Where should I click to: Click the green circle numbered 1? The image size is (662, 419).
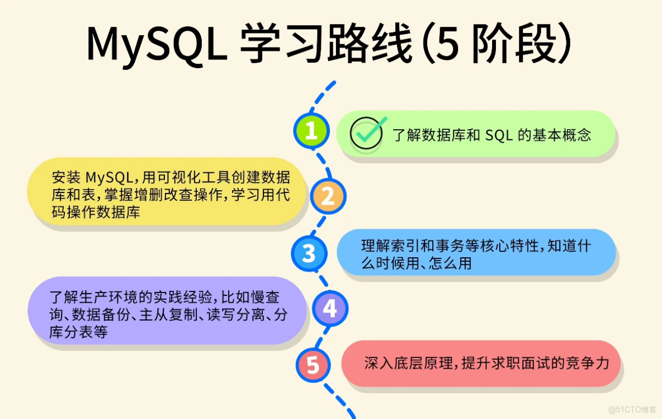[311, 131]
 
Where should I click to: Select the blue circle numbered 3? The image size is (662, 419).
[309, 254]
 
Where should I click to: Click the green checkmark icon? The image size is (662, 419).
[367, 133]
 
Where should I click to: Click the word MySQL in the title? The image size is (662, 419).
[157, 44]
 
